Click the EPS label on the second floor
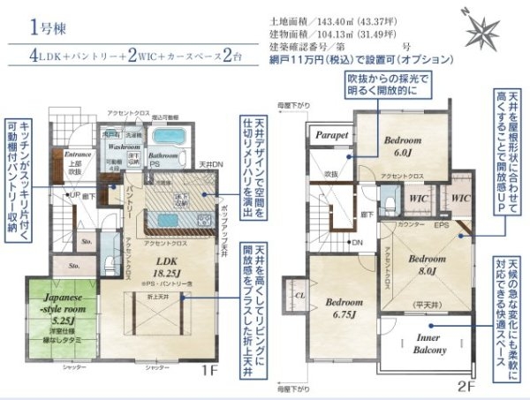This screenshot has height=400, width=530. tap(441, 226)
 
